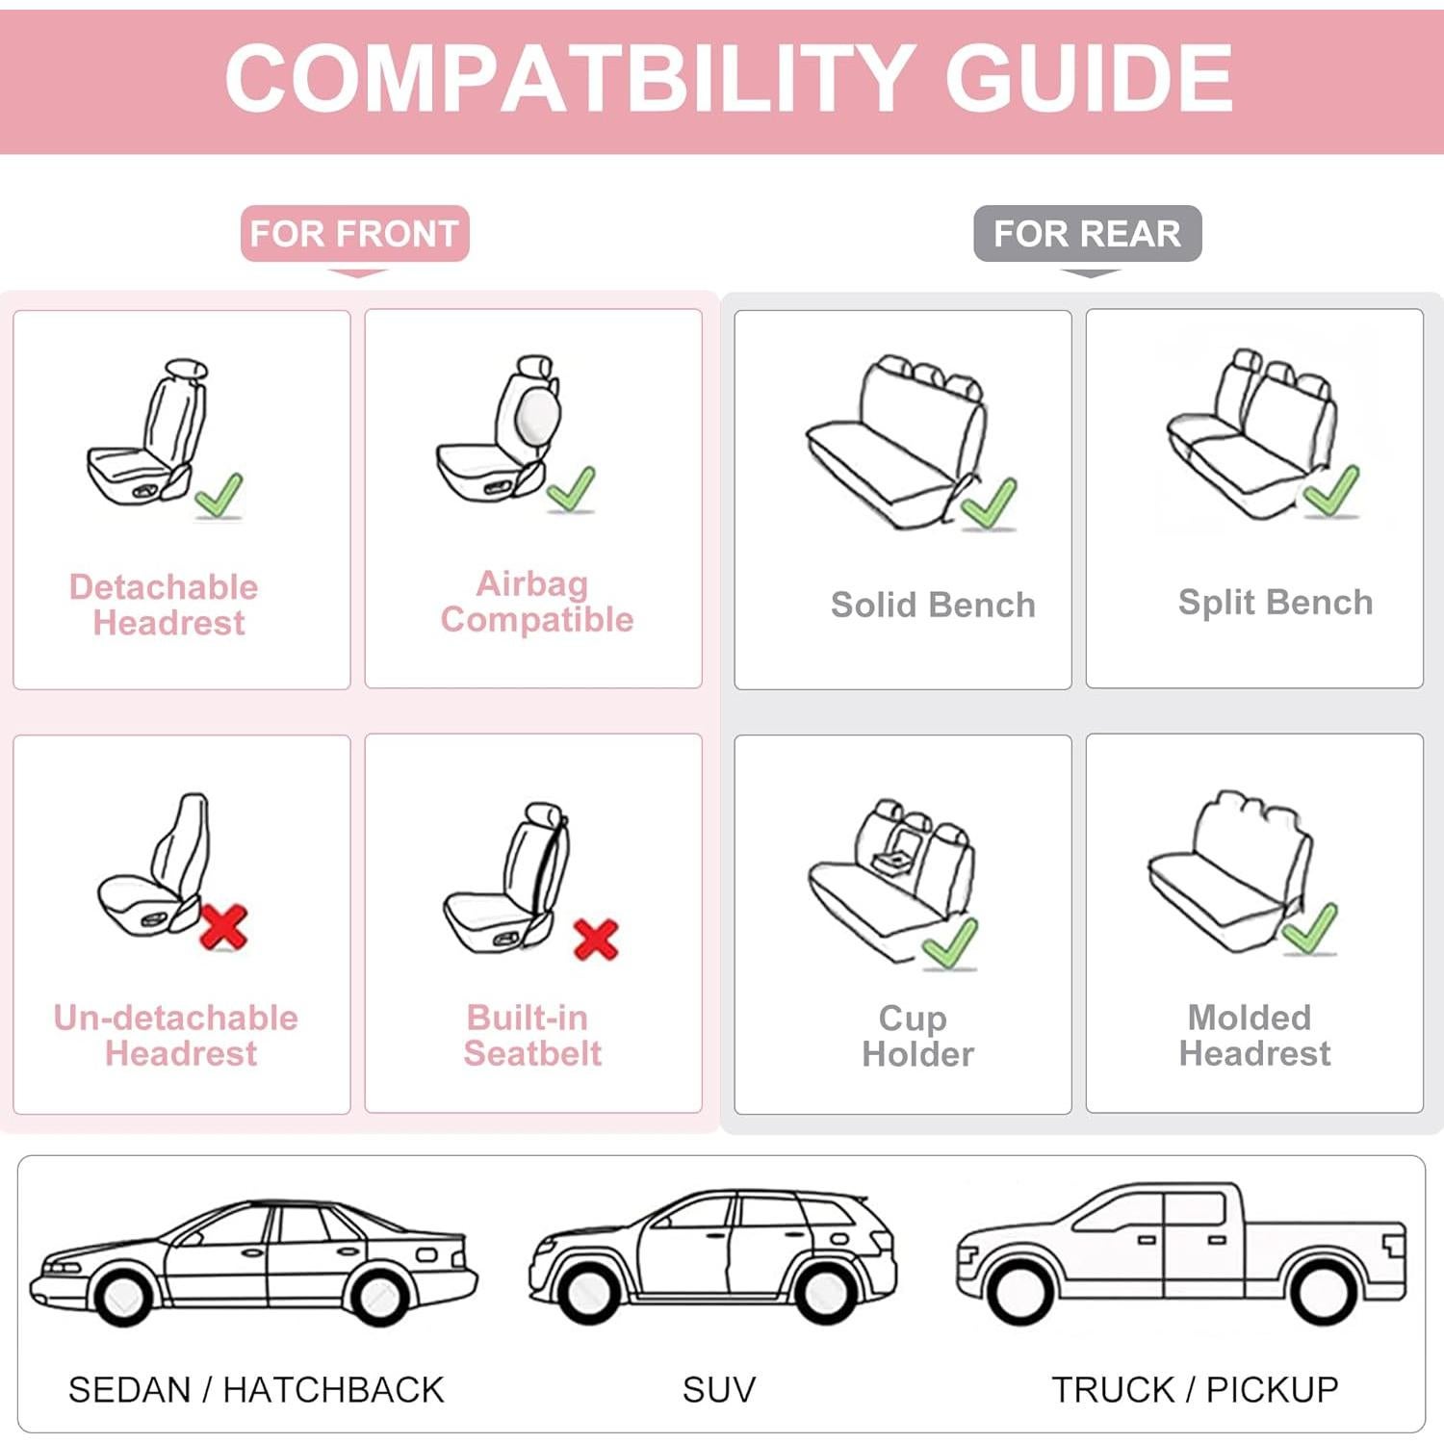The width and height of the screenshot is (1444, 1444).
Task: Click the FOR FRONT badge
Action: click(x=354, y=234)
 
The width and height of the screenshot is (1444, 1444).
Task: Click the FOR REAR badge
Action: click(x=1087, y=234)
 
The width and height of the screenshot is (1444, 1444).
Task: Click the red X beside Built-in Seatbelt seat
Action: click(x=595, y=940)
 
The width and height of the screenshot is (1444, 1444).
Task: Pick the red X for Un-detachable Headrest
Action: click(x=223, y=927)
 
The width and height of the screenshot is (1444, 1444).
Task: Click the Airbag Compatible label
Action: click(x=536, y=602)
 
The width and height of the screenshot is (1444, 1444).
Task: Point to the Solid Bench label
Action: click(x=933, y=605)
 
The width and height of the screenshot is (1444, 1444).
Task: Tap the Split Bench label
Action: click(x=1275, y=602)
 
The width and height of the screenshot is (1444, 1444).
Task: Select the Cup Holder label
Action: click(x=916, y=1036)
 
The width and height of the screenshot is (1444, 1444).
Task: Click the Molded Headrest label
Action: click(x=1254, y=1035)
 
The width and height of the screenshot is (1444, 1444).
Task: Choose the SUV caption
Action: click(x=719, y=1389)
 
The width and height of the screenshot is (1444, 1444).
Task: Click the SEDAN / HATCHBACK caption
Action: click(x=256, y=1389)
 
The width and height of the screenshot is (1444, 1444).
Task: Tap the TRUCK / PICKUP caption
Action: click(x=1195, y=1389)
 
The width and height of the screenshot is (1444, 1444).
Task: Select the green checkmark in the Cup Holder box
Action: click(x=950, y=942)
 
